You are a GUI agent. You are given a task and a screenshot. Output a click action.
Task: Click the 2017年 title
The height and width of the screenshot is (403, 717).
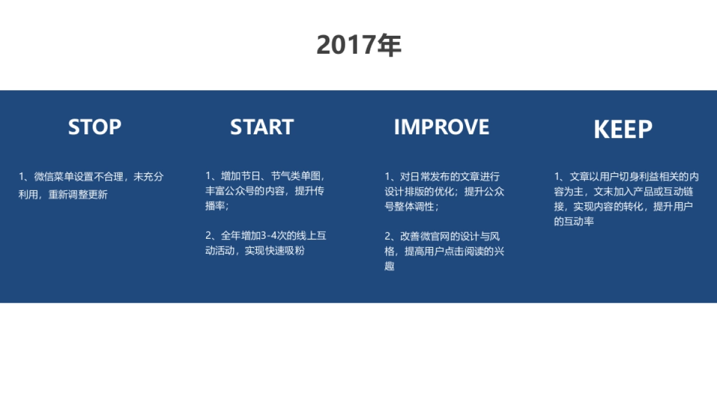(x=358, y=45)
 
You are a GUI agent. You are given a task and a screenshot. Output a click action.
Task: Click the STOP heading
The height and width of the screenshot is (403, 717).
(x=94, y=127)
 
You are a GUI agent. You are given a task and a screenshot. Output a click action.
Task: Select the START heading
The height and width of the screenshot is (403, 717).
(x=262, y=127)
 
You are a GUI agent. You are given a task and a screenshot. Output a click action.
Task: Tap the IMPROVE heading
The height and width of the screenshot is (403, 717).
(x=441, y=127)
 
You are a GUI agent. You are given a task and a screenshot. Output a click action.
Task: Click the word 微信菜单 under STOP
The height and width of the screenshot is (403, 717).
(x=54, y=177)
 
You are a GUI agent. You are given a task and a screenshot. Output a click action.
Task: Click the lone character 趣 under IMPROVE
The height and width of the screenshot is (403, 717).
(x=390, y=266)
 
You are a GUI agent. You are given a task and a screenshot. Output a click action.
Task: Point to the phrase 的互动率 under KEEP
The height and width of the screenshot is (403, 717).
(x=574, y=222)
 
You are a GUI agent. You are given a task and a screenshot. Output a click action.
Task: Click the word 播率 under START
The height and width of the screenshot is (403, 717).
(x=215, y=206)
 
